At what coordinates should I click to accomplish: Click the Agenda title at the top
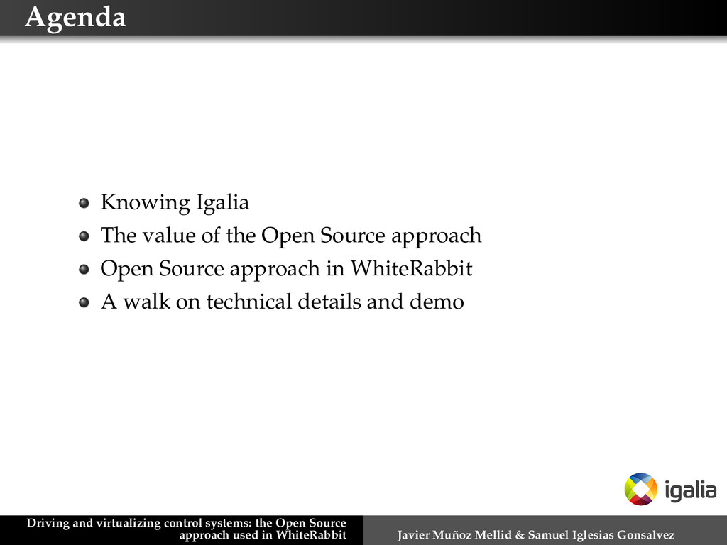click(75, 17)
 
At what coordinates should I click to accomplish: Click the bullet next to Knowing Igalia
click(84, 204)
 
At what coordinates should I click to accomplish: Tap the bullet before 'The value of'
click(84, 236)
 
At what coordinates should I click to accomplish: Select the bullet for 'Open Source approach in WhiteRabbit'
click(84, 270)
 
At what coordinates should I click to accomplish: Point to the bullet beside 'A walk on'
click(84, 303)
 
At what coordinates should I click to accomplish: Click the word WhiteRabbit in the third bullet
click(412, 269)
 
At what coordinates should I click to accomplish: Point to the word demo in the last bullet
click(437, 302)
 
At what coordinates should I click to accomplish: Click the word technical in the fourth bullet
click(249, 302)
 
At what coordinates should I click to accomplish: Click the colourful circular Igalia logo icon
click(640, 489)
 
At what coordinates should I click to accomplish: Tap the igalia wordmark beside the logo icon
click(691, 490)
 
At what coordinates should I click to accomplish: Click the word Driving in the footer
click(48, 524)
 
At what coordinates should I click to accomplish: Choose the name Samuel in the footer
click(546, 534)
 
